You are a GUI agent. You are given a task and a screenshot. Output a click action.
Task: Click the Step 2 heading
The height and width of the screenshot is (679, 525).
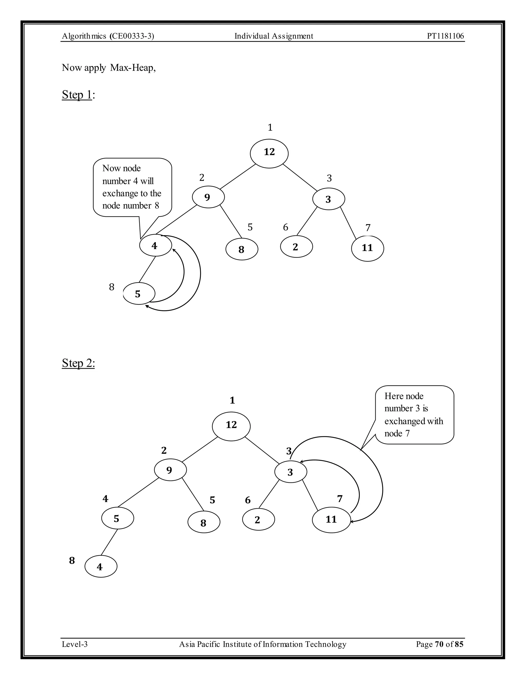pyautogui.click(x=78, y=363)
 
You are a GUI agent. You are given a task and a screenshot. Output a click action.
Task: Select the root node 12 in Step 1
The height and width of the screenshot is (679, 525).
pyautogui.click(x=269, y=153)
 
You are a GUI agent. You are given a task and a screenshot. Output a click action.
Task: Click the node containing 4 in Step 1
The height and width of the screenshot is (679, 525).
pyautogui.click(x=155, y=246)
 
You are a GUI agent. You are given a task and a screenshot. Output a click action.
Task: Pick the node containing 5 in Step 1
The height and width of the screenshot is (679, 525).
pyautogui.click(x=139, y=293)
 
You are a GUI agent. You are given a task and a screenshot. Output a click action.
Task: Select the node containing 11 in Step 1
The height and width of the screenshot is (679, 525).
pyautogui.click(x=367, y=248)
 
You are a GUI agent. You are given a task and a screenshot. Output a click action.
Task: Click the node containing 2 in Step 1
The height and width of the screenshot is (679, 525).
pyautogui.click(x=296, y=247)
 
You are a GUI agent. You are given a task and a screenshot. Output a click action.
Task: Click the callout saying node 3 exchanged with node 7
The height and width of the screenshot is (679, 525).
pyautogui.click(x=414, y=415)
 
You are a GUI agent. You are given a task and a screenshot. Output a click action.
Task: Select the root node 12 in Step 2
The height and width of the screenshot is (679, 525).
pyautogui.click(x=231, y=426)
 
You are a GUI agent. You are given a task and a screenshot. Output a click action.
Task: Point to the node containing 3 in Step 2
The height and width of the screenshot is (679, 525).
pyautogui.click(x=290, y=472)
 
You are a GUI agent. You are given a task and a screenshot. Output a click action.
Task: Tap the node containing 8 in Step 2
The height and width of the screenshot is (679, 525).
pyautogui.click(x=204, y=523)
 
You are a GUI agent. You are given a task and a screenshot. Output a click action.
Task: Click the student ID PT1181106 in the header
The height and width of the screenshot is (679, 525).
pyautogui.click(x=445, y=36)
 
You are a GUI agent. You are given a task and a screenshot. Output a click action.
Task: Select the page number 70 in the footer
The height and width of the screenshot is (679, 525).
pyautogui.click(x=439, y=644)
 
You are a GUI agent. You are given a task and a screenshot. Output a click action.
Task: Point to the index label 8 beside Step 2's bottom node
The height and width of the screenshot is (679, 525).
pyautogui.click(x=72, y=561)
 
